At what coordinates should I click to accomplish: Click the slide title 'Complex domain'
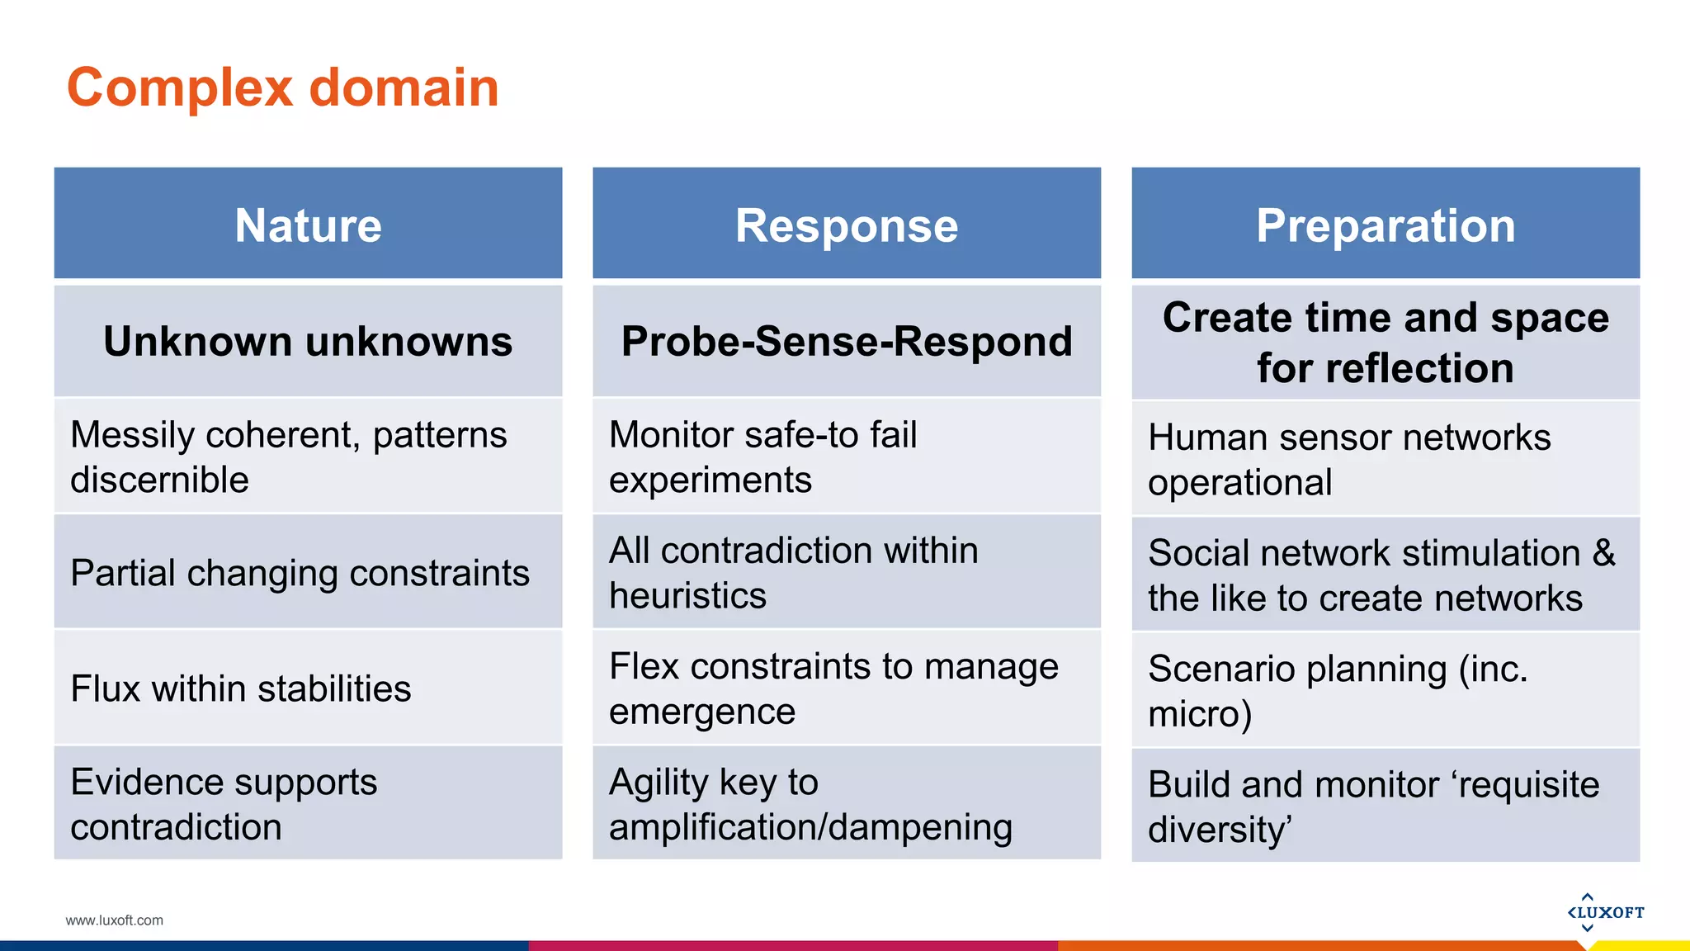(x=283, y=88)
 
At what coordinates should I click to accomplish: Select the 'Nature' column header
(x=308, y=225)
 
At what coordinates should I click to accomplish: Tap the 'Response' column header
(x=847, y=225)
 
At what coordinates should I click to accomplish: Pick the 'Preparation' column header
(x=1386, y=225)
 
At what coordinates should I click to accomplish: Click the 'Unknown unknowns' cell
(x=308, y=342)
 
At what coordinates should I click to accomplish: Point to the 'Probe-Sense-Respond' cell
(x=847, y=342)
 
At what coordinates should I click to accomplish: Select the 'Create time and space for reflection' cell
(x=1386, y=343)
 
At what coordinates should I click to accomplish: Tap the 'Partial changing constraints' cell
(x=300, y=573)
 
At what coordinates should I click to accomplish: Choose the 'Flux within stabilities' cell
(x=241, y=688)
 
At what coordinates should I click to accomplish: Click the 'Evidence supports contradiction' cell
(x=224, y=804)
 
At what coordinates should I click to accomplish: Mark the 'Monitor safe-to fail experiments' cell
(x=762, y=457)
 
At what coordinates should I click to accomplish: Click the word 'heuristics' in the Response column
(x=687, y=596)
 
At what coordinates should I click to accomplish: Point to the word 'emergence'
(x=702, y=712)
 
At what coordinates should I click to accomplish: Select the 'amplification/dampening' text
(x=810, y=827)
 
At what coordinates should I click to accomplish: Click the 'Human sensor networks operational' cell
(x=1349, y=459)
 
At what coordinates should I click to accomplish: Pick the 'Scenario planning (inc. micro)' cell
(x=1337, y=690)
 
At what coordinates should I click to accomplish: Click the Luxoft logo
(x=1605, y=912)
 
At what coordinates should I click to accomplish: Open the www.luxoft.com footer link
(x=115, y=920)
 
